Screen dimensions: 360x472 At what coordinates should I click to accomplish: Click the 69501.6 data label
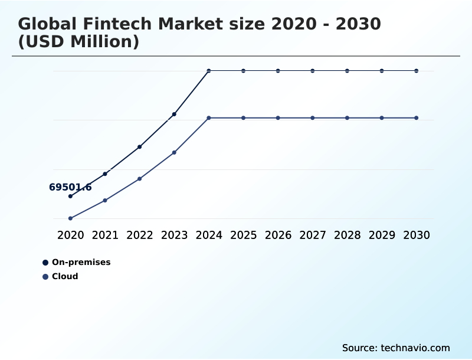[70, 188]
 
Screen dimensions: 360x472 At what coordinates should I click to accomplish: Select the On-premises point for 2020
[70, 196]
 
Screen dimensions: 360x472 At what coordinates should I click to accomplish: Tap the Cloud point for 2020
[70, 218]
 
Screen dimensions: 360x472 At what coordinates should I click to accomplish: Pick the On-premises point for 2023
[174, 114]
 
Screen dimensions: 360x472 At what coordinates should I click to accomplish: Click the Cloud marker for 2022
[139, 179]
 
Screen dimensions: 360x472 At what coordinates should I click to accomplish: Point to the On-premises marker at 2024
[209, 71]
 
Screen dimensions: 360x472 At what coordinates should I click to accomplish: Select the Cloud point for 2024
[209, 118]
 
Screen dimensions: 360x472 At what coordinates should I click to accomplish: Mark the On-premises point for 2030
[417, 71]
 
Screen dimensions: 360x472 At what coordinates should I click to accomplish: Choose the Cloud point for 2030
[417, 118]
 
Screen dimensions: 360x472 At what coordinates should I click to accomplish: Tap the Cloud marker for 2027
[313, 118]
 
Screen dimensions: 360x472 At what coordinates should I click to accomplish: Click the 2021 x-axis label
[105, 235]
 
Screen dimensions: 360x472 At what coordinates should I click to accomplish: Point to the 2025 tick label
[243, 235]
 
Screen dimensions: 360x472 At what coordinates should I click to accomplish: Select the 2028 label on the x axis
[347, 235]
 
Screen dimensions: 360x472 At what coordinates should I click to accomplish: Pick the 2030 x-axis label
[417, 235]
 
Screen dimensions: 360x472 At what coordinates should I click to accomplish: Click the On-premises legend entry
[81, 262]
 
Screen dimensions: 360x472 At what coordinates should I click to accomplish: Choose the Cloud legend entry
[64, 276]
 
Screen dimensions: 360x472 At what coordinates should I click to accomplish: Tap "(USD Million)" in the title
[78, 42]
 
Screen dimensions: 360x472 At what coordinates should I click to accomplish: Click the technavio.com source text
[415, 348]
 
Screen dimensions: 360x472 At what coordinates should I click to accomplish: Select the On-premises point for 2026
[278, 71]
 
